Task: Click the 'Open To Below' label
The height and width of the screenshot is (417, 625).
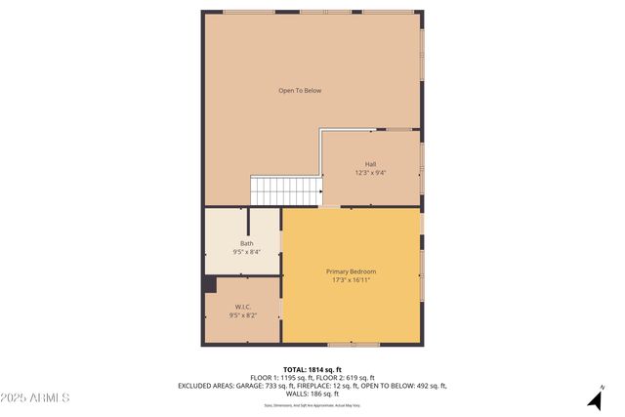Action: point(300,91)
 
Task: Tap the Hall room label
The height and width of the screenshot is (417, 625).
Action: point(370,164)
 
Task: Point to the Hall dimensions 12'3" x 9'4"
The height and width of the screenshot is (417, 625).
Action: point(370,173)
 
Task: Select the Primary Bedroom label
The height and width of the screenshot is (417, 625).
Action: point(351,271)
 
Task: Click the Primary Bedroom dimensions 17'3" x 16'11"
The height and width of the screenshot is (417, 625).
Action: point(351,280)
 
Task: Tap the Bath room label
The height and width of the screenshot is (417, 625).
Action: point(246,243)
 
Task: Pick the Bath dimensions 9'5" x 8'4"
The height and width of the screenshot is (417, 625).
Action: point(246,252)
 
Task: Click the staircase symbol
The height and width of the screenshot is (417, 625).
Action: point(286,190)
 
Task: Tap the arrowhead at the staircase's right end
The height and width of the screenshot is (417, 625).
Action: point(320,191)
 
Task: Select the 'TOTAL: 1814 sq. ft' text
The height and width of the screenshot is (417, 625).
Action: point(312,369)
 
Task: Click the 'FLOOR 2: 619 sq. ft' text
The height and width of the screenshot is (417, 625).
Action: point(343,378)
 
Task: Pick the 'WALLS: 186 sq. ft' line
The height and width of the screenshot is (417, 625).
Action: point(312,394)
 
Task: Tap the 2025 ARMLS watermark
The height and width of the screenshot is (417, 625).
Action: point(35,397)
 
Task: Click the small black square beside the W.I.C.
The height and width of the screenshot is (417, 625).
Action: point(210,284)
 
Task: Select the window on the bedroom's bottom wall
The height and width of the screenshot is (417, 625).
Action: point(354,344)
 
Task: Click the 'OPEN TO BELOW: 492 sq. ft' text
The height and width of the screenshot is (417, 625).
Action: point(403,386)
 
